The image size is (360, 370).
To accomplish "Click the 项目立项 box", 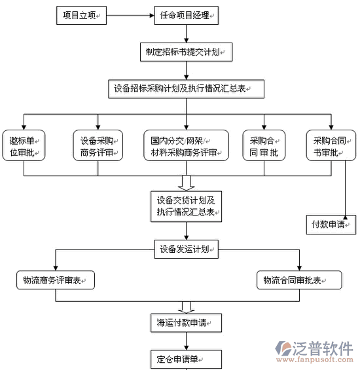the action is click(x=81, y=15).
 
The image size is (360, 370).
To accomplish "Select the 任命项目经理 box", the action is click(x=186, y=15).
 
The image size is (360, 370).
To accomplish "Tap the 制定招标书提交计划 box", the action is click(x=186, y=52).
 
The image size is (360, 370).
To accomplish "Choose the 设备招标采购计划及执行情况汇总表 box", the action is click(x=186, y=89).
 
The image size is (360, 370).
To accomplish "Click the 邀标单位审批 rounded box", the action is click(x=24, y=145).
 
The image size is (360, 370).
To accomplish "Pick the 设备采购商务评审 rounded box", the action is click(x=98, y=145).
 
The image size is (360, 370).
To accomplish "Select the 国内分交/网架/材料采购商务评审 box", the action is click(x=186, y=145).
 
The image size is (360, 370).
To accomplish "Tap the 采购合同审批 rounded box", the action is click(x=264, y=145).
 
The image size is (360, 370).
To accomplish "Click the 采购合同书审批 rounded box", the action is click(x=331, y=145).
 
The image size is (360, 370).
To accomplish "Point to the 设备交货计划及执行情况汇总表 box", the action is click(x=186, y=206).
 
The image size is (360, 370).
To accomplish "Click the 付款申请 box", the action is click(x=331, y=225).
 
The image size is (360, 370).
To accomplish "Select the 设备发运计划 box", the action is click(x=186, y=250).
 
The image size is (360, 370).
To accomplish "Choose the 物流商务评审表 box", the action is click(x=56, y=280).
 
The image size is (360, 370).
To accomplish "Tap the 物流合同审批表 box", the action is click(x=299, y=280).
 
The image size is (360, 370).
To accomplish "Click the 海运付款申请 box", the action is click(x=186, y=323).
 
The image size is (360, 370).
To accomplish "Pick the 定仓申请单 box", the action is click(x=186, y=360).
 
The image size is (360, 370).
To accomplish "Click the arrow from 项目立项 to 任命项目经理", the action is click(x=130, y=16).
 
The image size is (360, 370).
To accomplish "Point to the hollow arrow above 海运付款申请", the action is click(x=186, y=308).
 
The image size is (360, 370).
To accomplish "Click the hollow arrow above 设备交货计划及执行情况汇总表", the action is click(x=186, y=183).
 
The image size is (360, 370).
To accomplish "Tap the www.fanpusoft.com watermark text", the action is click(x=315, y=360).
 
